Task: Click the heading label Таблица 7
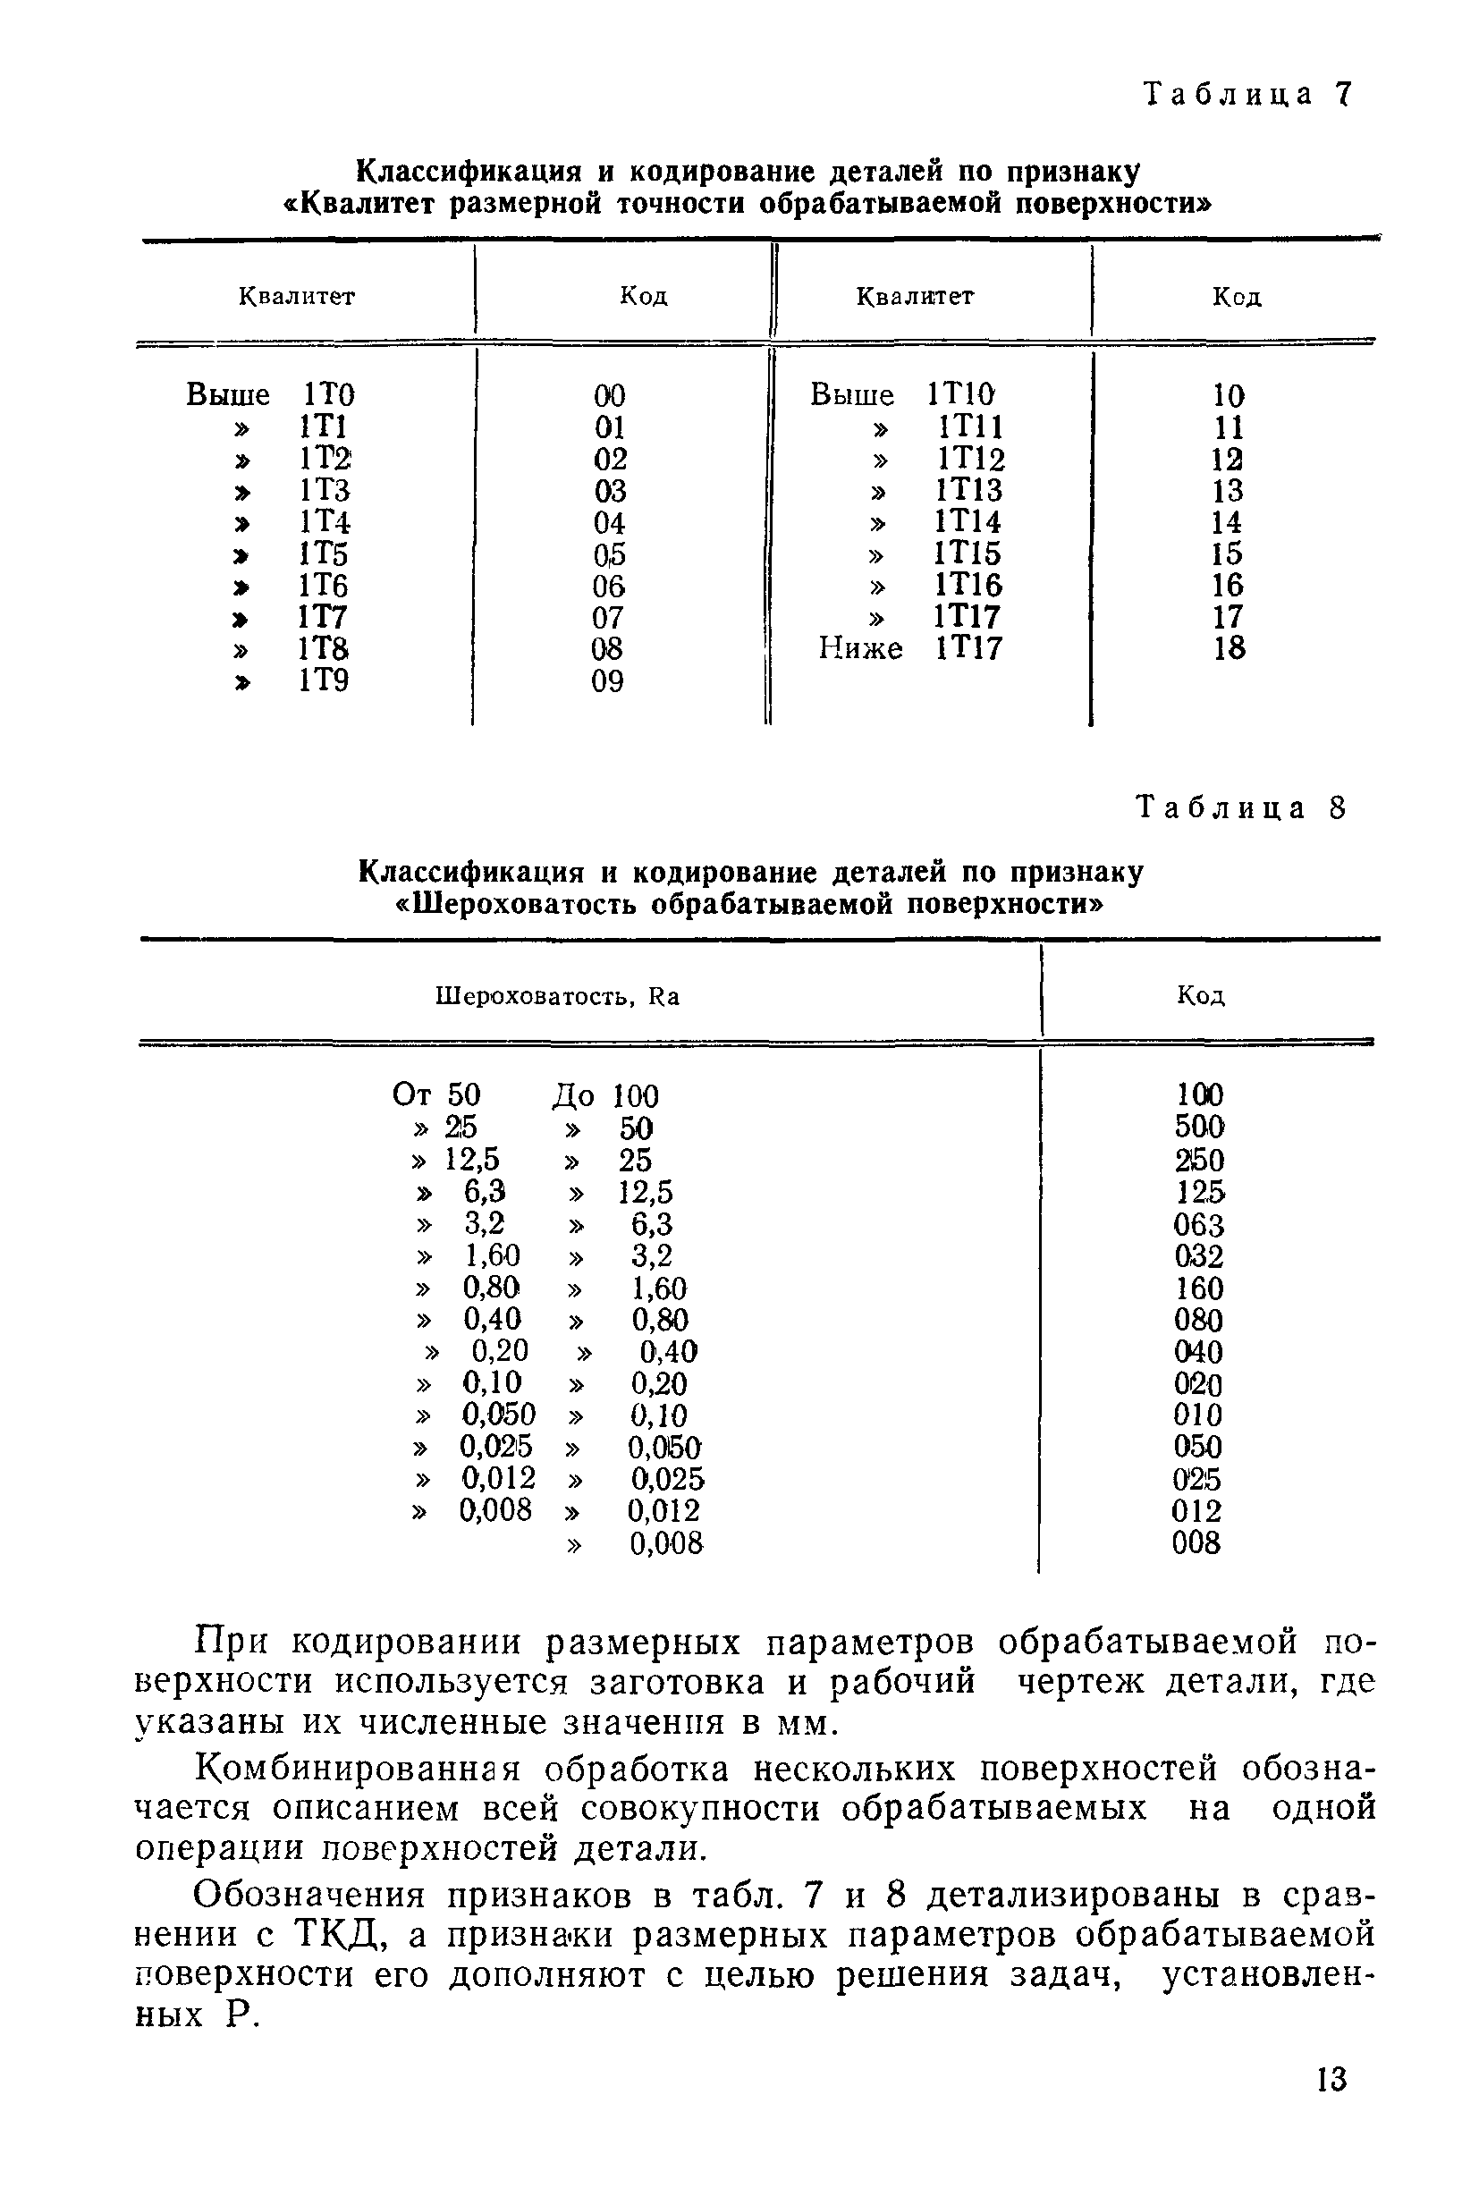(1247, 94)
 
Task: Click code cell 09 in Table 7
(608, 681)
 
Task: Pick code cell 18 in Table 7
(1229, 648)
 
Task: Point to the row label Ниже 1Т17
(909, 648)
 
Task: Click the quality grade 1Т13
(969, 490)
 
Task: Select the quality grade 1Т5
(324, 553)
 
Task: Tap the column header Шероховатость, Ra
(558, 997)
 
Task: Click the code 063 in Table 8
(1199, 1224)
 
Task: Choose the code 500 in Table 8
(1199, 1128)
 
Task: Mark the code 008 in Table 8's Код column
(1196, 1543)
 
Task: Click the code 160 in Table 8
(1199, 1288)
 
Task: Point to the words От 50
(436, 1094)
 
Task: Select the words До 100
(605, 1095)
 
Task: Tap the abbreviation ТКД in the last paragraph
(341, 1937)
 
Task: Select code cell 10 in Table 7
(1229, 395)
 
